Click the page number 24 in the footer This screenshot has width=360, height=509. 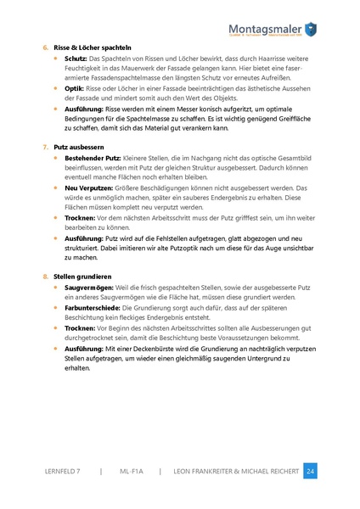click(x=310, y=471)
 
